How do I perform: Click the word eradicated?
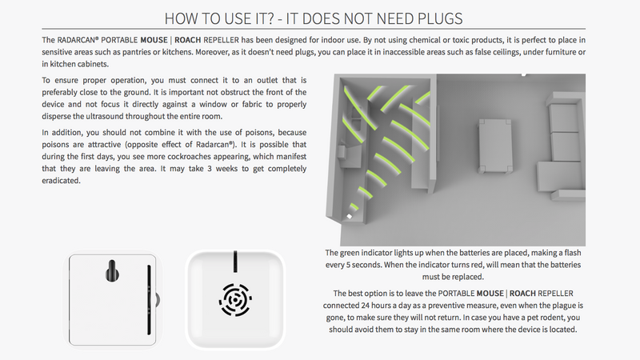[61, 181]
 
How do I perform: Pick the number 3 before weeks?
[210, 169]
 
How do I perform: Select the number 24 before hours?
[366, 306]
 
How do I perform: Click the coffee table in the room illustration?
[495, 145]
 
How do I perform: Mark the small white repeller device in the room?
[350, 216]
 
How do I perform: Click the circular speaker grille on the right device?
[235, 300]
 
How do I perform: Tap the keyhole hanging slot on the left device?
[112, 270]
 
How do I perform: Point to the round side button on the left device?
[157, 300]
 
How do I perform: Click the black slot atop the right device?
[235, 262]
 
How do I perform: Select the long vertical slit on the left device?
[149, 300]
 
